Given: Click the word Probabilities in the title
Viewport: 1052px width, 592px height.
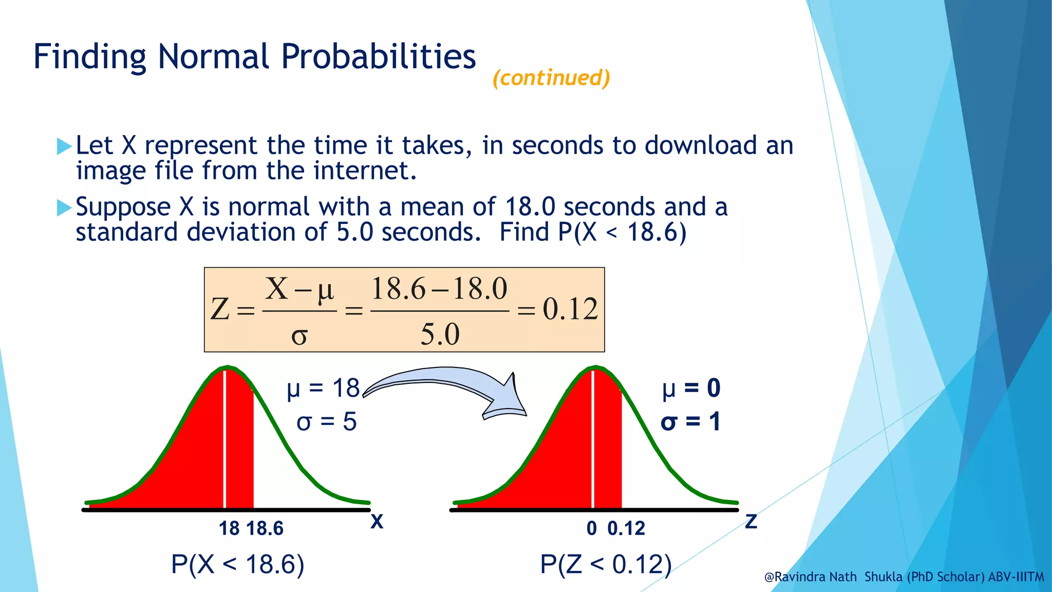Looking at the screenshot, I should pyautogui.click(x=379, y=57).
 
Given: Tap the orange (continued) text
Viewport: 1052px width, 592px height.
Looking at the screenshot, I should pyautogui.click(x=551, y=78).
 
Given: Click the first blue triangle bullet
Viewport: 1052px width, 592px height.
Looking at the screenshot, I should pyautogui.click(x=64, y=146).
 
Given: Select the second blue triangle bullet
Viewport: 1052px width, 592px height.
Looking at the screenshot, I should pyautogui.click(x=64, y=208).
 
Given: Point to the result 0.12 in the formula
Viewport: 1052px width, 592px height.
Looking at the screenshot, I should pyautogui.click(x=570, y=309).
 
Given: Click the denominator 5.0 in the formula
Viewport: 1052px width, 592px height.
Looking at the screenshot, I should pyautogui.click(x=440, y=335).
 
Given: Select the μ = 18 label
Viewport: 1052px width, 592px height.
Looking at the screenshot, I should pyautogui.click(x=323, y=388).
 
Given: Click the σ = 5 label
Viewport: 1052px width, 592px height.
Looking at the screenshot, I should pyautogui.click(x=326, y=422).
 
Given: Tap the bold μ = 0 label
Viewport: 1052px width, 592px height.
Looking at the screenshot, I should pyautogui.click(x=691, y=388).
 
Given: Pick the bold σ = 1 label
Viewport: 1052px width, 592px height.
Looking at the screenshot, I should pyautogui.click(x=690, y=422).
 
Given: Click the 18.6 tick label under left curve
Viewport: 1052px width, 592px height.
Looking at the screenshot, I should pyautogui.click(x=265, y=528).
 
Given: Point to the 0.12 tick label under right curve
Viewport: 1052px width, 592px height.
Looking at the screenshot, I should pyautogui.click(x=626, y=528).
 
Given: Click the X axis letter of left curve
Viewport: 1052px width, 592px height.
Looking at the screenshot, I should pyautogui.click(x=377, y=522).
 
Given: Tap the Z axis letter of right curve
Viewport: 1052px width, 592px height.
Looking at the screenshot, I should pyautogui.click(x=751, y=522).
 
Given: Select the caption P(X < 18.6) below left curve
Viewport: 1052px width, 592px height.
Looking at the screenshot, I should pyautogui.click(x=237, y=564).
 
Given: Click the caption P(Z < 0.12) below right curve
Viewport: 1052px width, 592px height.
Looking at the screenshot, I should pyautogui.click(x=606, y=564).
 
